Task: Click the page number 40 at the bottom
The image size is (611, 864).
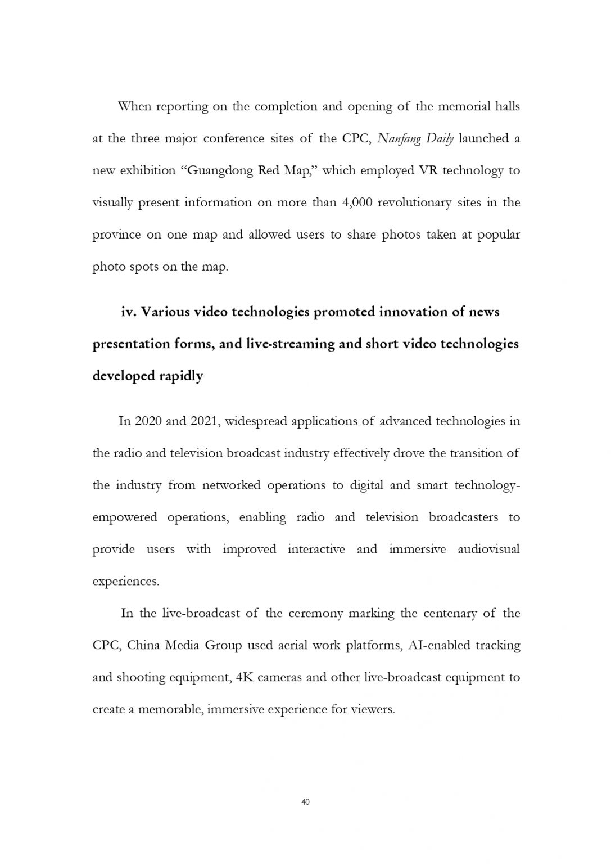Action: tap(306, 802)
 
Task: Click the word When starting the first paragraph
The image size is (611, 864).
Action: tap(134, 106)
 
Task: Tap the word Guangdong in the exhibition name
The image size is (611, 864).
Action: tap(219, 170)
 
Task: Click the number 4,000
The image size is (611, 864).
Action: tap(357, 202)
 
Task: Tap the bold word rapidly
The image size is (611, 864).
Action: tap(183, 376)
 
